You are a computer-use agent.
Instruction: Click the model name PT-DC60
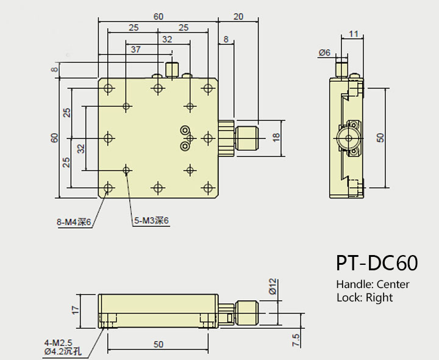click(376, 262)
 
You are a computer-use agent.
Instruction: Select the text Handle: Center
click(373, 284)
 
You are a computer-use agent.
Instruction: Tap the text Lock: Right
click(364, 298)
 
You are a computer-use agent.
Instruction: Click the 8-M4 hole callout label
click(74, 222)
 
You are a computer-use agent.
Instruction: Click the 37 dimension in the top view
click(135, 49)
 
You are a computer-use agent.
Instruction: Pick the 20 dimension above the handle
click(238, 16)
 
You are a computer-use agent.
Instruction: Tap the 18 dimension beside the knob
click(276, 138)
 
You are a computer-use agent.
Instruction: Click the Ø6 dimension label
click(324, 53)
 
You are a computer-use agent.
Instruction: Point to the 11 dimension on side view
click(353, 34)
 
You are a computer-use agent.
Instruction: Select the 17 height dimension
click(75, 310)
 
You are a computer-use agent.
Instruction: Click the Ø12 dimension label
click(273, 286)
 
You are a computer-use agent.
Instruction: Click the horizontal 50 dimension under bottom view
click(158, 344)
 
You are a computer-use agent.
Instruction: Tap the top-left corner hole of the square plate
click(109, 88)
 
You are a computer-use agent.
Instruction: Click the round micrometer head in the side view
click(348, 138)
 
